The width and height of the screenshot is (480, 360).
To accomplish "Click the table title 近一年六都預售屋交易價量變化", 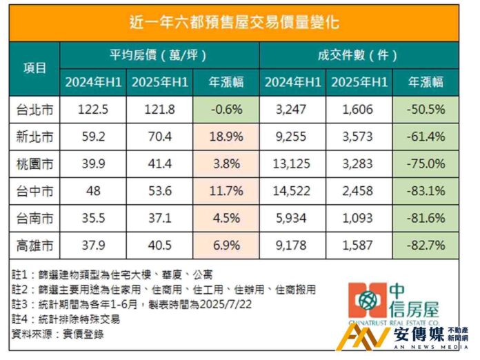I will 234,22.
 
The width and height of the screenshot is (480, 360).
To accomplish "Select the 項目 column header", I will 34,68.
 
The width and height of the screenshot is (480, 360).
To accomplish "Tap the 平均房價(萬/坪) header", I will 158,55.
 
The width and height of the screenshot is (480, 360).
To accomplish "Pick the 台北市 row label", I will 34,109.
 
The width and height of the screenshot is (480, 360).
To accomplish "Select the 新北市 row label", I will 34,136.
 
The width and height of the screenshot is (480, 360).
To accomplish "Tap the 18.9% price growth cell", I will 226,136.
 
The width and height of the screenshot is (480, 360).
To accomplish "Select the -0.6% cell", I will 226,109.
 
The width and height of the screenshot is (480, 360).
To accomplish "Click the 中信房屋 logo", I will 393,302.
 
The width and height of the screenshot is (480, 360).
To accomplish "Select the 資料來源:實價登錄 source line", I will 62,334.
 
